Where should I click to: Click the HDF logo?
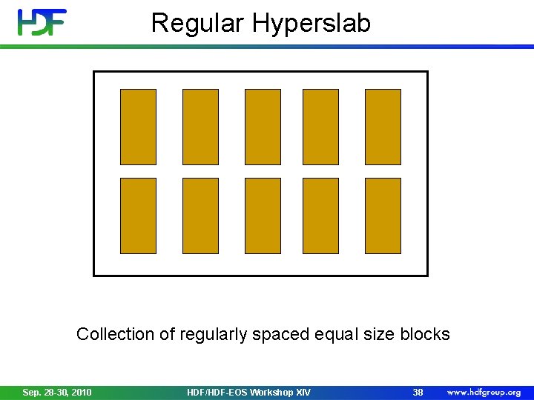pos(42,22)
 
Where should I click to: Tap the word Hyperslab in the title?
pos(311,24)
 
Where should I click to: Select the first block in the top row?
pos(138,127)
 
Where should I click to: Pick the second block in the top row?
pos(200,127)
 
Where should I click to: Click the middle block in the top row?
pos(263,127)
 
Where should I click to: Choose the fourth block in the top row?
pos(320,127)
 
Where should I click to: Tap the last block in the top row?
pos(383,127)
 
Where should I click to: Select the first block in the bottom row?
pos(138,216)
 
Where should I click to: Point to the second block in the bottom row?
pos(200,216)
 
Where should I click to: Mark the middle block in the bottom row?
pos(263,216)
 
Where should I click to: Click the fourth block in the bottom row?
pos(320,216)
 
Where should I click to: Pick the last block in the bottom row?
pos(383,216)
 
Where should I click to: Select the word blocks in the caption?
pos(425,334)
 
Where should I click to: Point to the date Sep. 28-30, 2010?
pos(57,392)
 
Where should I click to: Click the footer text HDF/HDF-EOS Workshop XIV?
pos(248,392)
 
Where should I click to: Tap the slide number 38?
pos(418,392)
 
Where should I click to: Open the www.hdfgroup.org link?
pos(484,392)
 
